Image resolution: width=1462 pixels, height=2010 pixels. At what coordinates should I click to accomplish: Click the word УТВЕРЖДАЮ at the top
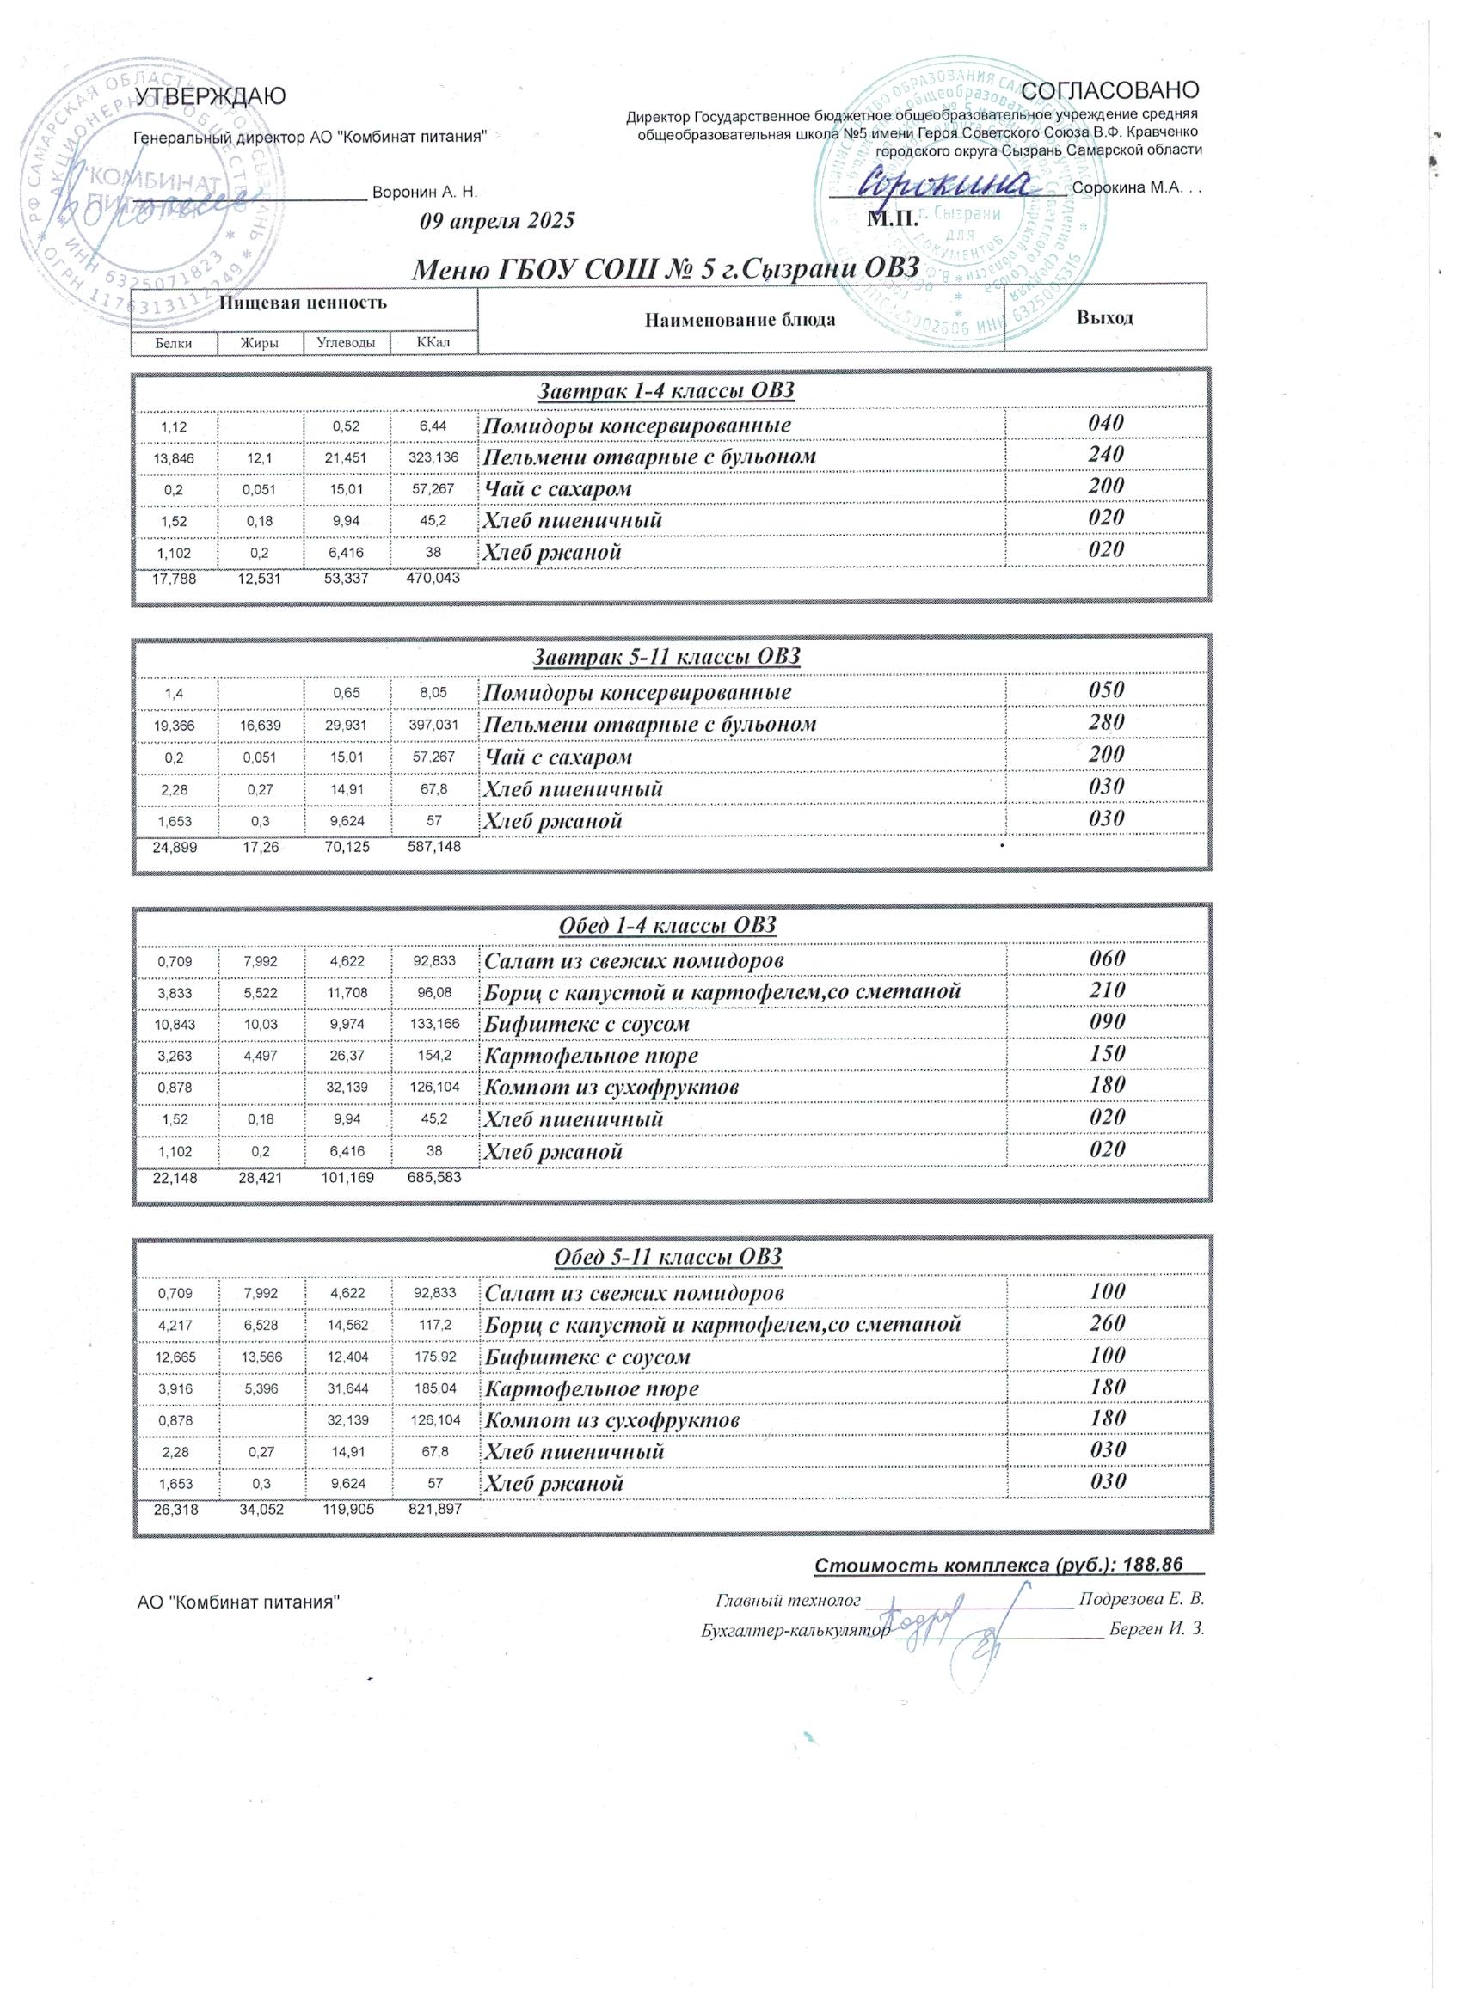pos(209,97)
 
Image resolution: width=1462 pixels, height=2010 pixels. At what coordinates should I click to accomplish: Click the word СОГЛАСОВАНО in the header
pos(1110,90)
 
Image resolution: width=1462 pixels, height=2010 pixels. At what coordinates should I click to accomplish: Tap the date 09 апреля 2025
pos(497,221)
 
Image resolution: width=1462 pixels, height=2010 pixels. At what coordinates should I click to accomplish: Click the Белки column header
pos(174,343)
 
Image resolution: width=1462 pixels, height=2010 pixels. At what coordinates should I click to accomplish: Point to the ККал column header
pos(433,343)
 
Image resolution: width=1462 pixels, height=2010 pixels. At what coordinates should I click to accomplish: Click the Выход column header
pos(1105,317)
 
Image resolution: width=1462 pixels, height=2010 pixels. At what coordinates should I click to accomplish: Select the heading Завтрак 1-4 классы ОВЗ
pos(666,391)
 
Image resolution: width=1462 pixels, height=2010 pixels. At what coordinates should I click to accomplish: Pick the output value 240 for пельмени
pos(1107,455)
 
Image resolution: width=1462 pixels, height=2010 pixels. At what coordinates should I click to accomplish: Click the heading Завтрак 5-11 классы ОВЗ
pos(666,657)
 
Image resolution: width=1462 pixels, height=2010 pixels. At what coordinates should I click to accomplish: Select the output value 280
pos(1107,722)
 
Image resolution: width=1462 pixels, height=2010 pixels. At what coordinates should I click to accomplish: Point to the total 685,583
pos(433,1179)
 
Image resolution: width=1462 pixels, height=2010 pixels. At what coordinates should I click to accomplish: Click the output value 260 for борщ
pos(1108,1323)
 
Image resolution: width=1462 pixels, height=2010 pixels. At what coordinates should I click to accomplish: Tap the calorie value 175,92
pos(434,1357)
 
